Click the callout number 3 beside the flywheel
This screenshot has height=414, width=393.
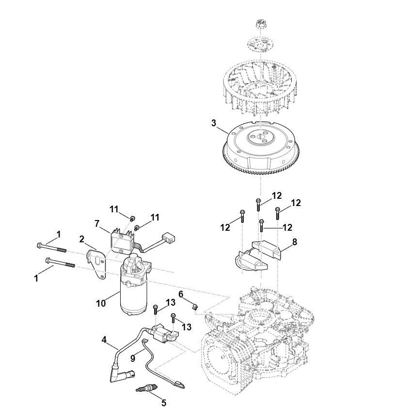[x=214, y=123]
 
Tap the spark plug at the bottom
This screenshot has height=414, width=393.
[x=146, y=388]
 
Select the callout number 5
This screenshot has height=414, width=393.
[x=164, y=403]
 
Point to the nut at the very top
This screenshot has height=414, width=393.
[x=261, y=24]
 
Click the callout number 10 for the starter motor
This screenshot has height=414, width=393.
[x=101, y=303]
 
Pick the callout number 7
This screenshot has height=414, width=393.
[x=97, y=223]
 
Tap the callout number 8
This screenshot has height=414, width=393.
[x=295, y=242]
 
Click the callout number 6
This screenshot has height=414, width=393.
[x=181, y=294]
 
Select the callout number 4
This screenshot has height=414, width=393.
[x=104, y=340]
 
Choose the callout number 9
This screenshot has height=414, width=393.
[x=133, y=358]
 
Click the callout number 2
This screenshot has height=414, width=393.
[x=82, y=239]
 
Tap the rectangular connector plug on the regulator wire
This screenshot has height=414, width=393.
[x=168, y=237]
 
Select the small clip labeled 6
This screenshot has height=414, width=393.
[x=195, y=307]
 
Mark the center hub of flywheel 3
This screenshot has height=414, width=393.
[x=261, y=137]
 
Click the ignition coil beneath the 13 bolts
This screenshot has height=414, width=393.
[x=164, y=333]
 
